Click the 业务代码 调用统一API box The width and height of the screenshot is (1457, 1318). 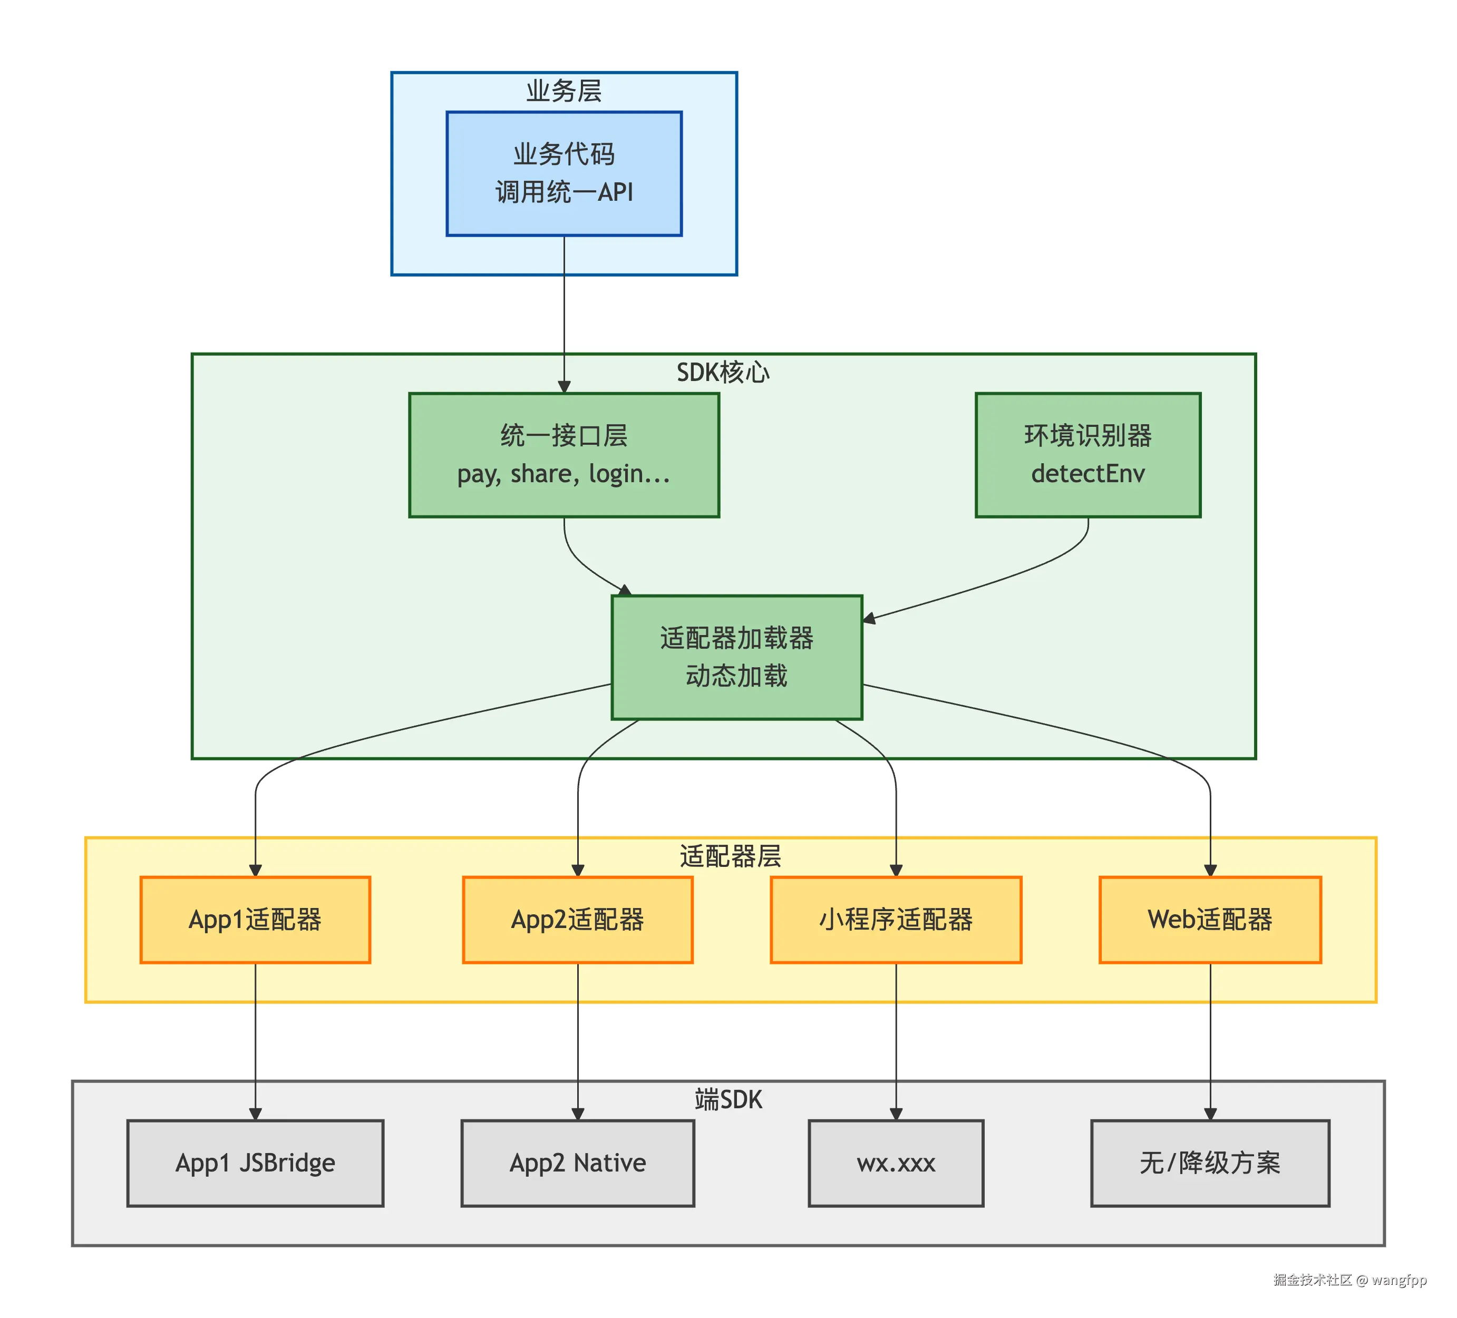(564, 173)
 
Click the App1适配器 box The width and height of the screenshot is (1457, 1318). (255, 919)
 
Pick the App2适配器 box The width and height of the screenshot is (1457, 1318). (577, 919)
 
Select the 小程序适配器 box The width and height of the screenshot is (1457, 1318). (896, 919)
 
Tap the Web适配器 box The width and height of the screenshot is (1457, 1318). (1210, 919)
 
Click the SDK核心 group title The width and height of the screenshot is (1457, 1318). (723, 372)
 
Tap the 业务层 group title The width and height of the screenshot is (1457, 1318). (564, 91)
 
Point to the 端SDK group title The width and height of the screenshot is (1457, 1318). (729, 1099)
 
